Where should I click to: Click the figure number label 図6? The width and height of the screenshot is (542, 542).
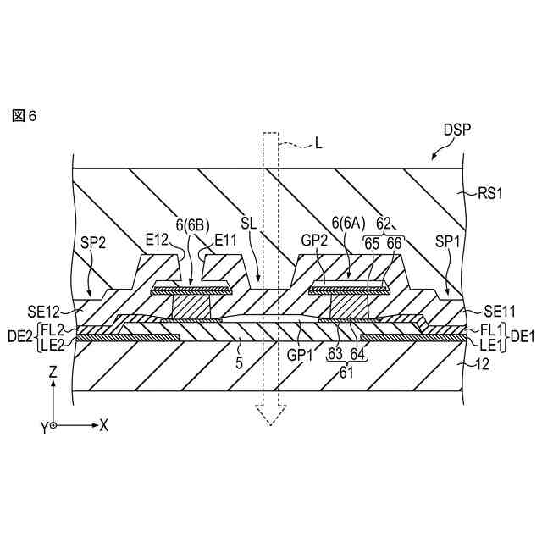click(25, 115)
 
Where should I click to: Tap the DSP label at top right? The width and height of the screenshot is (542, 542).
click(457, 130)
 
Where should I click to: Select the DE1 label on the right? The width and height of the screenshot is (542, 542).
click(522, 335)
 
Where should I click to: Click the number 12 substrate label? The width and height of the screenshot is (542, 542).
click(484, 362)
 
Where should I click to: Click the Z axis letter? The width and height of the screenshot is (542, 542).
click(53, 372)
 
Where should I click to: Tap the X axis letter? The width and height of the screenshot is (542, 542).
click(103, 425)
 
